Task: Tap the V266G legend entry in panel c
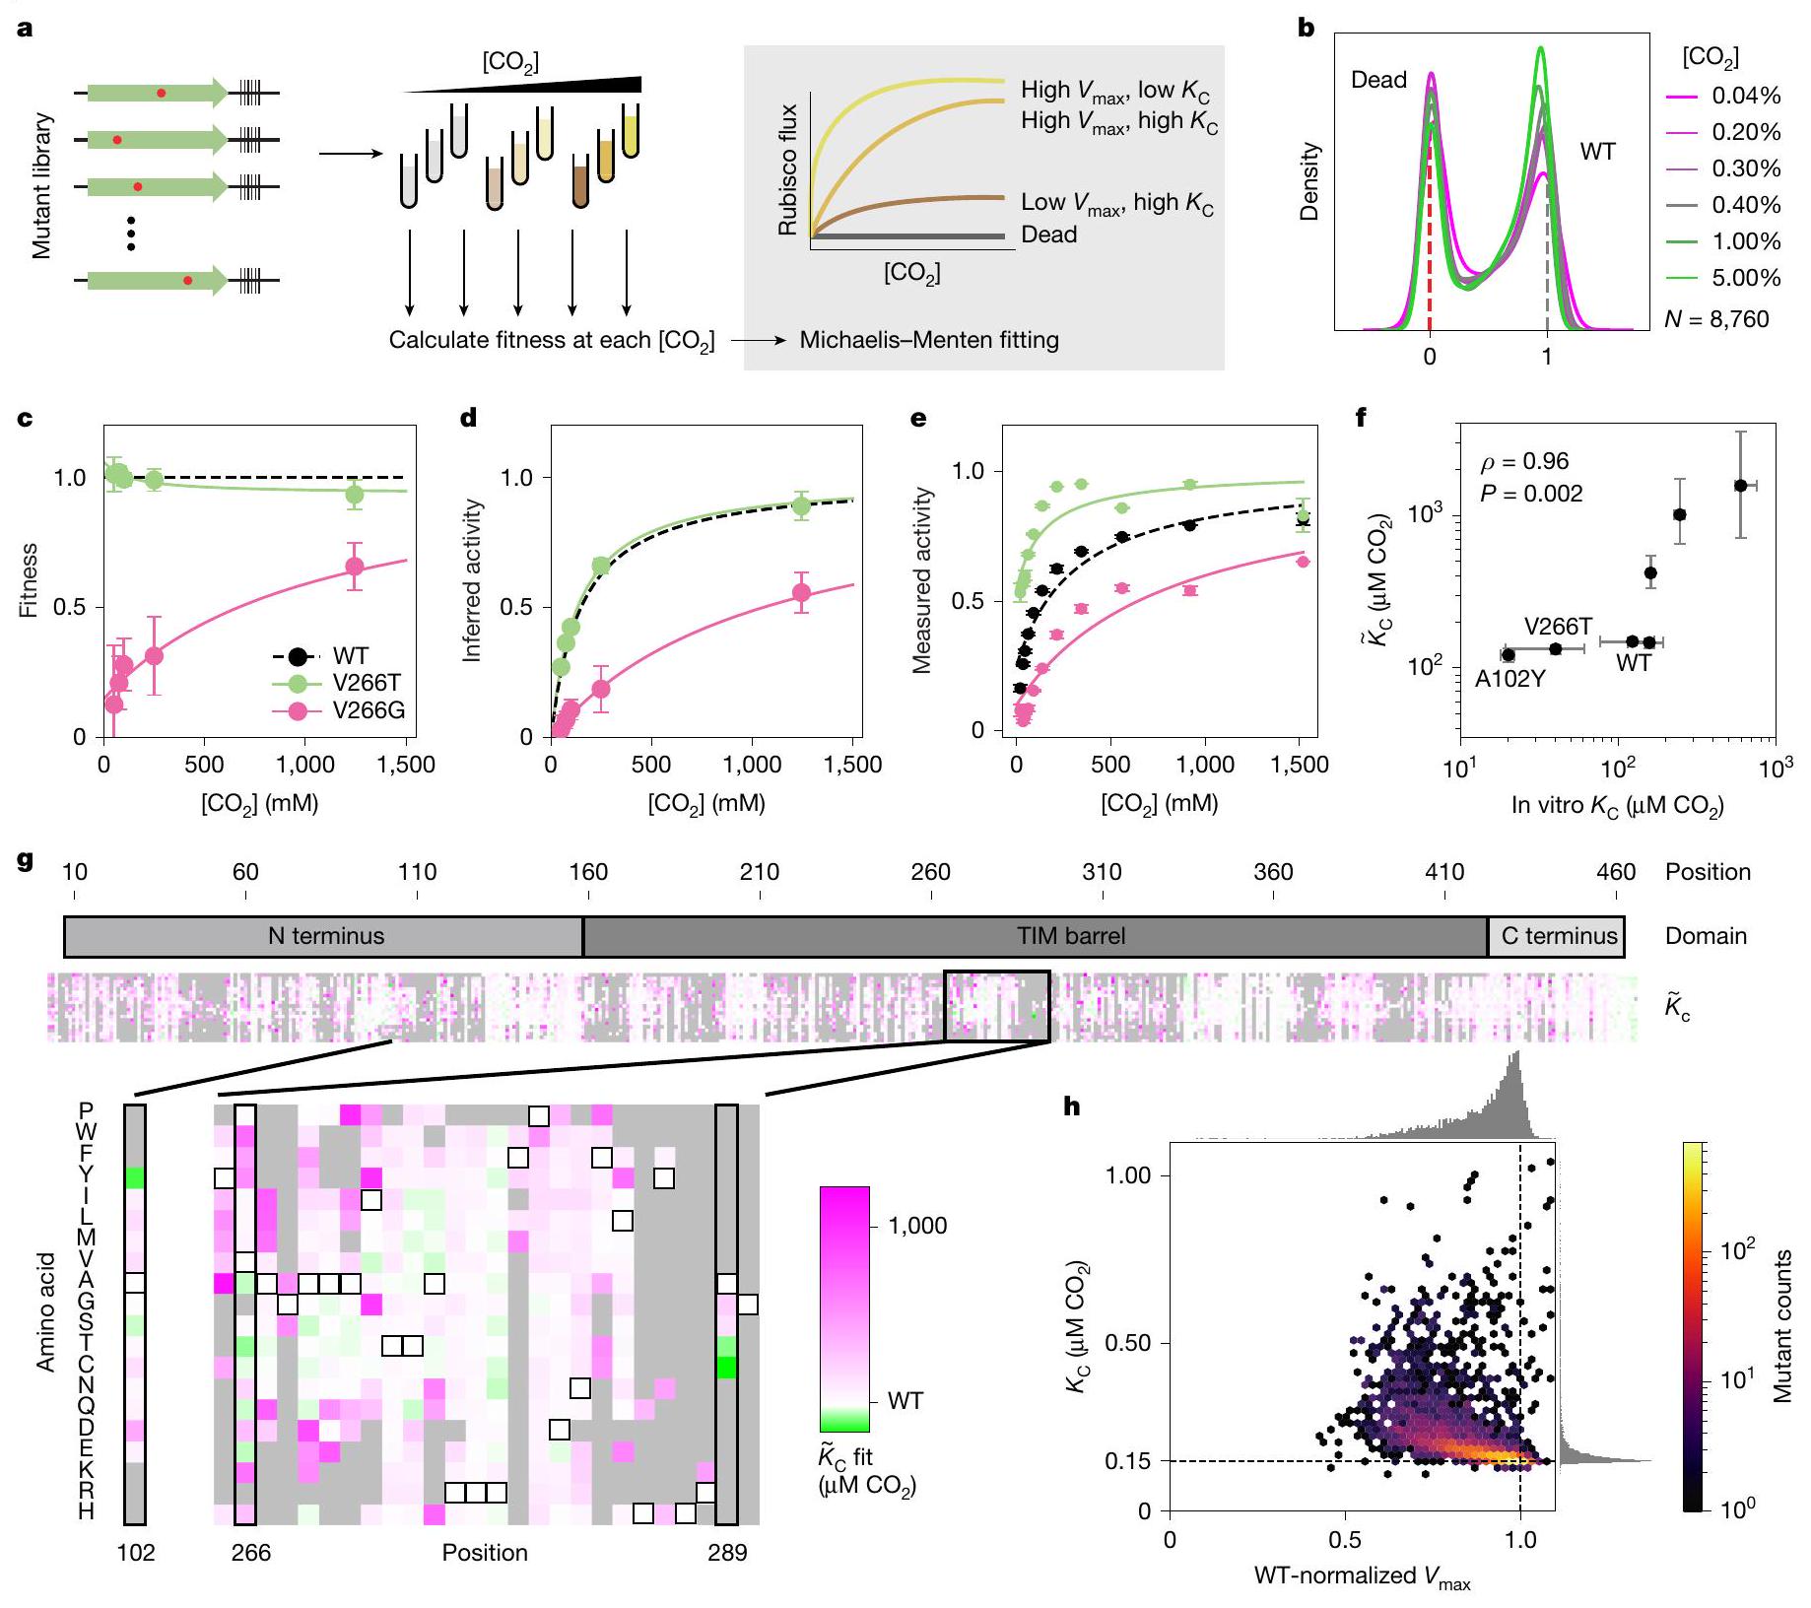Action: point(369,710)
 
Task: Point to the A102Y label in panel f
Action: point(1509,679)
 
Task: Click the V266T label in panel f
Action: point(1558,627)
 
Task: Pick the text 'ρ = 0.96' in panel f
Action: point(1524,461)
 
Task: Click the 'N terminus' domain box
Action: point(325,936)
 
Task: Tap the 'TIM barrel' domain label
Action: point(1070,936)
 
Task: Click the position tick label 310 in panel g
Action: point(1102,872)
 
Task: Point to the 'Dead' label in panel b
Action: point(1378,80)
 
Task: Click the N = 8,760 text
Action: point(1716,319)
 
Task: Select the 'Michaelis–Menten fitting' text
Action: point(929,340)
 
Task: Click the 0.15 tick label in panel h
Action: point(1127,1461)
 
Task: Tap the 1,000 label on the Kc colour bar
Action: point(917,1226)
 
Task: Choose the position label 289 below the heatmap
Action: point(727,1553)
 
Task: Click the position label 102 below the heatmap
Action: point(136,1553)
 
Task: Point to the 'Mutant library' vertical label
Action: point(41,186)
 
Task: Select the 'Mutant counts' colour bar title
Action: point(1782,1326)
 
